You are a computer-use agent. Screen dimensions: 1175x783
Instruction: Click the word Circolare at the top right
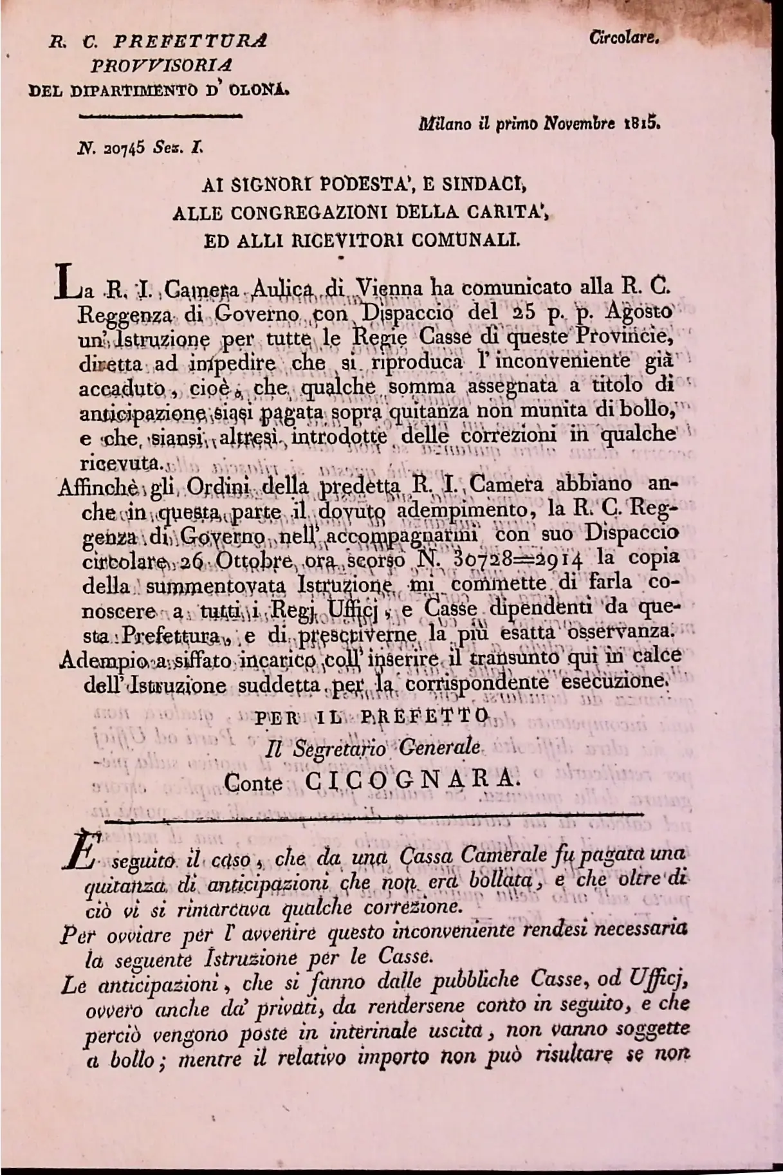point(623,38)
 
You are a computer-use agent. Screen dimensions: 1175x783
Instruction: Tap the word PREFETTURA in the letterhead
point(190,42)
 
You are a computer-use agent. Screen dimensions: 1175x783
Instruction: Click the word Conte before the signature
point(253,783)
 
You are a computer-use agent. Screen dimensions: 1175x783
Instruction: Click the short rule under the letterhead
point(160,116)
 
